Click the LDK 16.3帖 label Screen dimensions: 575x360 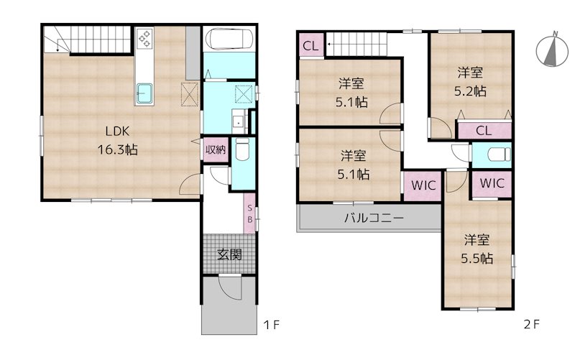(x=117, y=140)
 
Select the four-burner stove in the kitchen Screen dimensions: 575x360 (x=144, y=39)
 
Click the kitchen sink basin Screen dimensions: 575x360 (x=144, y=93)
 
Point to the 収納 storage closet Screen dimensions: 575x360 (x=216, y=149)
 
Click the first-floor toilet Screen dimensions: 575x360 (x=242, y=149)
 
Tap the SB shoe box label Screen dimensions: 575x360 (x=249, y=213)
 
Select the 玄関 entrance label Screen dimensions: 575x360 (x=229, y=254)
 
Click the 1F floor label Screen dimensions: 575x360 (x=272, y=325)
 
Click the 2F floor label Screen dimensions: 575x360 (x=532, y=324)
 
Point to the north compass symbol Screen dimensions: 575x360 (x=551, y=50)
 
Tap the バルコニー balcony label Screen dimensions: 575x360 (x=374, y=218)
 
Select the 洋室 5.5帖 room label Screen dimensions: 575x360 (x=477, y=249)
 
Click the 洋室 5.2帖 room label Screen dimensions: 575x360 (x=470, y=81)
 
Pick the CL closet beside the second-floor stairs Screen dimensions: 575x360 (x=311, y=45)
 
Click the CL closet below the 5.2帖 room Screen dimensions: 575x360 (x=484, y=130)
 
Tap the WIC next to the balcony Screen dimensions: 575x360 (x=423, y=185)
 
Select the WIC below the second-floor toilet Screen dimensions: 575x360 (x=492, y=183)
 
